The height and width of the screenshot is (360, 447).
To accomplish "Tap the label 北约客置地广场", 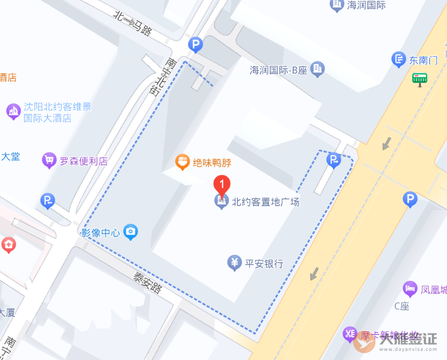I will [265, 202].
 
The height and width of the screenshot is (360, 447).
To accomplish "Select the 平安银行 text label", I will [264, 264].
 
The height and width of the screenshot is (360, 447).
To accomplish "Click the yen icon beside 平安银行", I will [234, 263].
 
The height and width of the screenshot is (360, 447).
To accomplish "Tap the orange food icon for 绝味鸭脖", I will [183, 162].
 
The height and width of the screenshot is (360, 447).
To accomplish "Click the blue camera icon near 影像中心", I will [131, 233].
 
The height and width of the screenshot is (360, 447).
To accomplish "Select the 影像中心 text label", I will [100, 233].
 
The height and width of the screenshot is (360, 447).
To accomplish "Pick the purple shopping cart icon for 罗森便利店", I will [49, 160].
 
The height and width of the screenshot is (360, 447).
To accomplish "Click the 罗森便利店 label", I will [83, 161].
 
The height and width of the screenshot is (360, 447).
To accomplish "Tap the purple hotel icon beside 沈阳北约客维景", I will [13, 112].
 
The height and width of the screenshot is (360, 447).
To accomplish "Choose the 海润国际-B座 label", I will [278, 70].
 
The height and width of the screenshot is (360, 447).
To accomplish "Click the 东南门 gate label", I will [423, 60].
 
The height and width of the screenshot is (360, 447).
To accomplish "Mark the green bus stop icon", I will [419, 79].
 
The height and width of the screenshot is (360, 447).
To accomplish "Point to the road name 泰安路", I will [147, 282].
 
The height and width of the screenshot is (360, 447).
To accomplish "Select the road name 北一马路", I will [133, 23].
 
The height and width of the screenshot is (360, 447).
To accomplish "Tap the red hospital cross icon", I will [8, 245].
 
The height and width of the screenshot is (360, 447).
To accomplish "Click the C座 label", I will [401, 306].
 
